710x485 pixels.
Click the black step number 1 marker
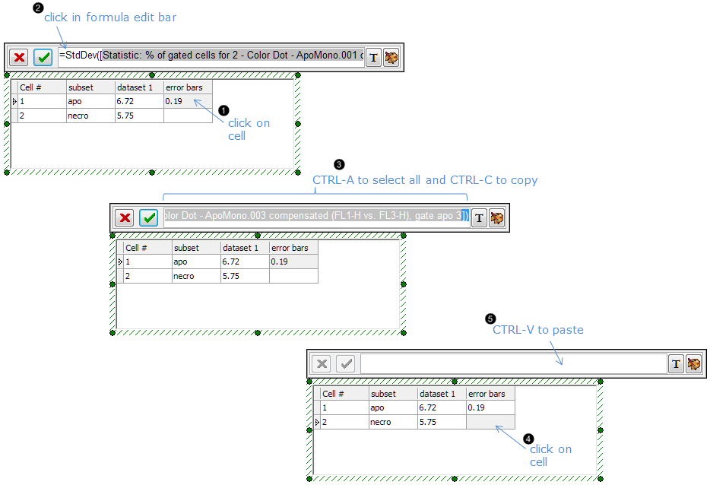coord(223,110)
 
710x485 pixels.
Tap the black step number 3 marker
coord(339,164)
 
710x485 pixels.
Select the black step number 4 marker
coord(528,439)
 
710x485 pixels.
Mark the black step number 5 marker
coord(490,319)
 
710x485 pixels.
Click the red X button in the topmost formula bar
coord(19,58)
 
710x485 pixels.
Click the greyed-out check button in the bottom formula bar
coord(347,363)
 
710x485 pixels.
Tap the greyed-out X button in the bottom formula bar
coord(322,363)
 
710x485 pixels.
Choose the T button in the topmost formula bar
coord(372,58)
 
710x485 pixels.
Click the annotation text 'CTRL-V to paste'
coord(537,330)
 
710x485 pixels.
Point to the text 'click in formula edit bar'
coord(110,17)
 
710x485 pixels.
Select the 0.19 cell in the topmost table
coord(188,101)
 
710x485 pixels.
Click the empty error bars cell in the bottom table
coord(490,422)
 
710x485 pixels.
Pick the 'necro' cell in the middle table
coord(195,276)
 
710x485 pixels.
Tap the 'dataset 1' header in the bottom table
coord(441,394)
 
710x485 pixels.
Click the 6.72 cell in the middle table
coord(244,262)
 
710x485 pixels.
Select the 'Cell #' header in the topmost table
coord(42,87)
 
